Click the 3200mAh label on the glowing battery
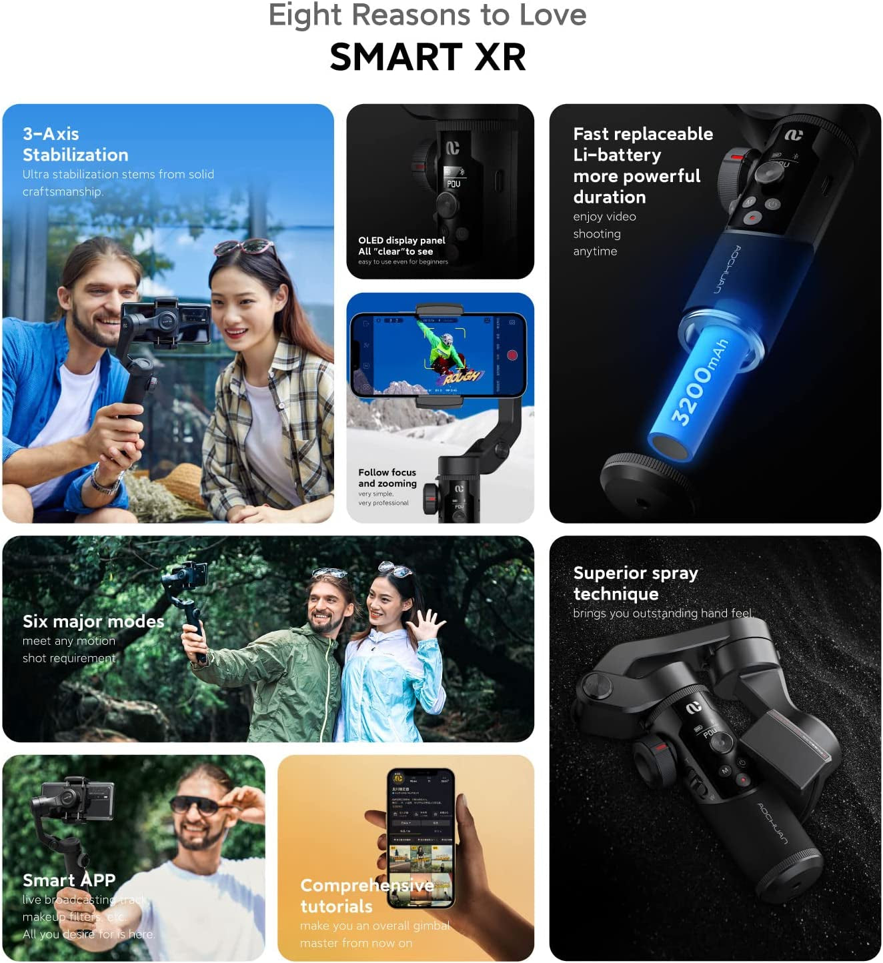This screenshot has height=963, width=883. click(x=699, y=381)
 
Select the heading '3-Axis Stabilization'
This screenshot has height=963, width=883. click(x=75, y=144)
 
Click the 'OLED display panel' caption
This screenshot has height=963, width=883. click(x=401, y=241)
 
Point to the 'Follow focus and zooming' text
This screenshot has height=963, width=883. click(x=387, y=477)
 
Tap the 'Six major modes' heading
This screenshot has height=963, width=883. click(x=93, y=622)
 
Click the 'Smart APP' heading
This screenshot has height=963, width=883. click(x=69, y=880)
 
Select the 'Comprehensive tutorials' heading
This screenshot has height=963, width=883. click(x=366, y=896)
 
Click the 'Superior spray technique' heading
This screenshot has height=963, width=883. click(x=635, y=583)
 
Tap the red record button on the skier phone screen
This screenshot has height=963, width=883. click(x=512, y=355)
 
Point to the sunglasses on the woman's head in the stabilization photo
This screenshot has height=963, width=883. click(x=245, y=247)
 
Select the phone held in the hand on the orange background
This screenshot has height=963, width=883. click(x=421, y=837)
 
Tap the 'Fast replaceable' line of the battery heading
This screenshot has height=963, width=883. click(x=643, y=134)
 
